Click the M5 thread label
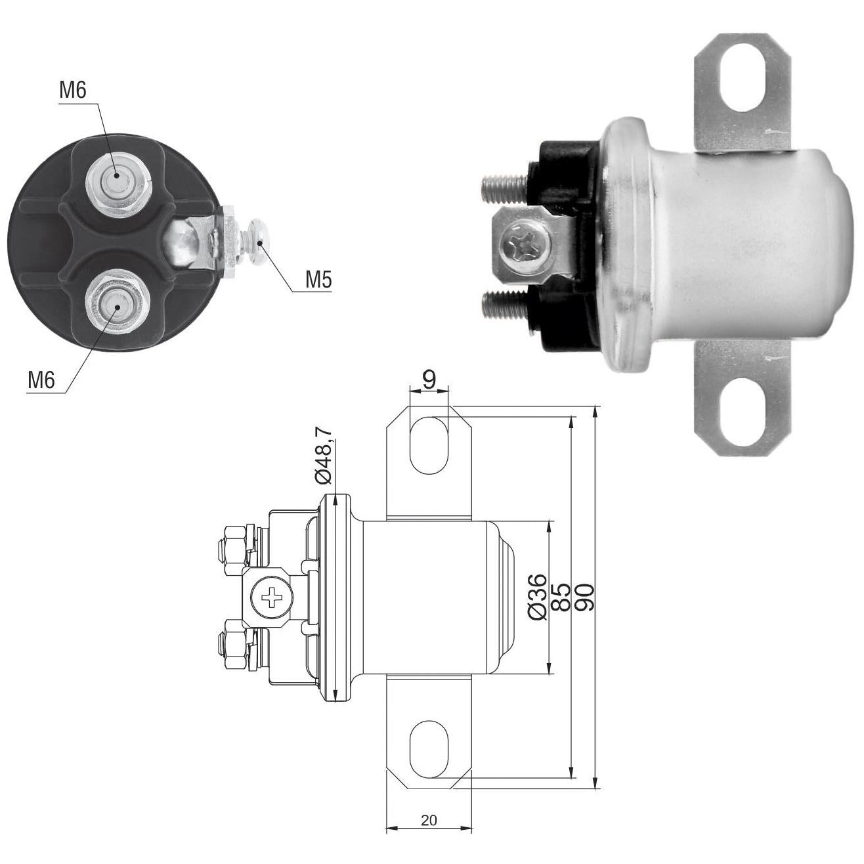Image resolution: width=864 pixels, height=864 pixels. coord(318,280)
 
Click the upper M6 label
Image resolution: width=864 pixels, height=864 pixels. coord(73,91)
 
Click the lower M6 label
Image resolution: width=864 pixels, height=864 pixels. coord(41,380)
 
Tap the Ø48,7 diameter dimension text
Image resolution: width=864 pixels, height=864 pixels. coord(324,454)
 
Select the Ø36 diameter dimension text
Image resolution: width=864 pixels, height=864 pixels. coord(538,597)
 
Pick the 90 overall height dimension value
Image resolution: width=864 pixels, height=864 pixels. coord(585,597)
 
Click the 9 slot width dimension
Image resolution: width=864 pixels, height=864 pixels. coord(429,379)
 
